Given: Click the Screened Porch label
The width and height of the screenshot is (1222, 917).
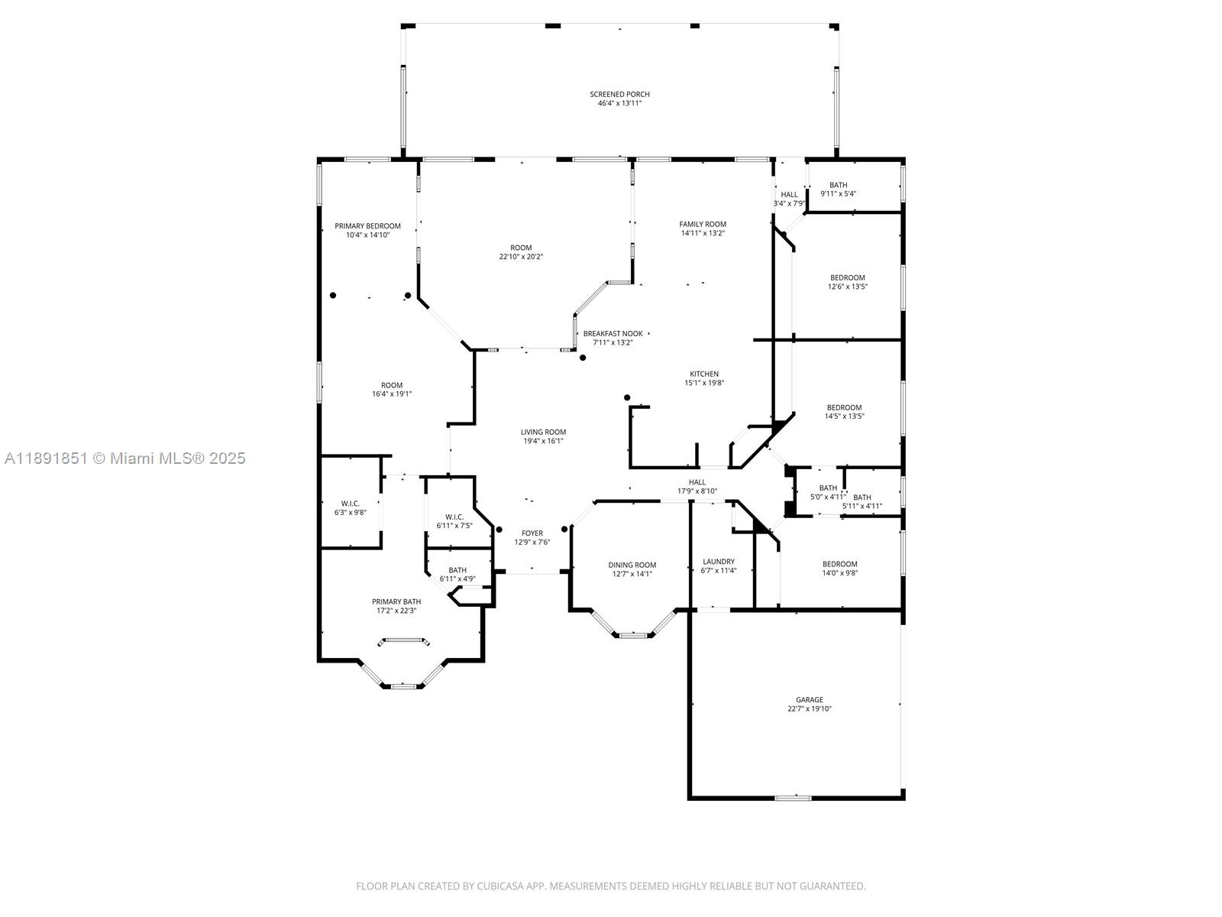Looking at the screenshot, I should [619, 95].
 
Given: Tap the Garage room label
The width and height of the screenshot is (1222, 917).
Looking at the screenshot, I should [810, 700].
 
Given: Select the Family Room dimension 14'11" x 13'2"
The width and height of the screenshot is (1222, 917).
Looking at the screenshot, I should [703, 234].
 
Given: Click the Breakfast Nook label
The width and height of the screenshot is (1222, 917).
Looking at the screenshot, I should [613, 334].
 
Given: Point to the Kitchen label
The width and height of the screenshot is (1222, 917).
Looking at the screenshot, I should [703, 374].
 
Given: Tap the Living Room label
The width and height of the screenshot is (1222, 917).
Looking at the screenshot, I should [543, 433].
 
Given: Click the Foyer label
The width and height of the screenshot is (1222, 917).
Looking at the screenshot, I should [532, 533].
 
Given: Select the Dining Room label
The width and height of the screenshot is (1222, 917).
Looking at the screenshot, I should [632, 565].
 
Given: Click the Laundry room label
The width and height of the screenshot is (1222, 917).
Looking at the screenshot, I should [718, 562].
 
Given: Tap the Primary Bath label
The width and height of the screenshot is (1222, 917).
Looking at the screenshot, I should [396, 602].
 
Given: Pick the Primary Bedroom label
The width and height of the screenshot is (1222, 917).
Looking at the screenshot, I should [367, 226].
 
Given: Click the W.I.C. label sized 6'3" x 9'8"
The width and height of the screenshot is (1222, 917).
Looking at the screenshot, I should [350, 504].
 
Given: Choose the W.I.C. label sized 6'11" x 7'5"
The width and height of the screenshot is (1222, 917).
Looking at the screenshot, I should [454, 517].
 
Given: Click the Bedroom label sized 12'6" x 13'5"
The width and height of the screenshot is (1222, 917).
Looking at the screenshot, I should [847, 278].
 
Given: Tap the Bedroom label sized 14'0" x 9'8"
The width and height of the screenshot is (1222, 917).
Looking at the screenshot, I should [839, 564].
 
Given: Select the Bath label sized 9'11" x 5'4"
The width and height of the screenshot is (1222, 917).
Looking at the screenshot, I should [838, 185].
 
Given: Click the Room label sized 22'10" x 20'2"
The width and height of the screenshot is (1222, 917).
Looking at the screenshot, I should [521, 248].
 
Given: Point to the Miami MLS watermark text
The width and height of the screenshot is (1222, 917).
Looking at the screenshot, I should [125, 458].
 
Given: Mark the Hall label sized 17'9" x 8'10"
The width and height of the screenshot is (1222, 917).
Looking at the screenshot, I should [697, 482].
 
